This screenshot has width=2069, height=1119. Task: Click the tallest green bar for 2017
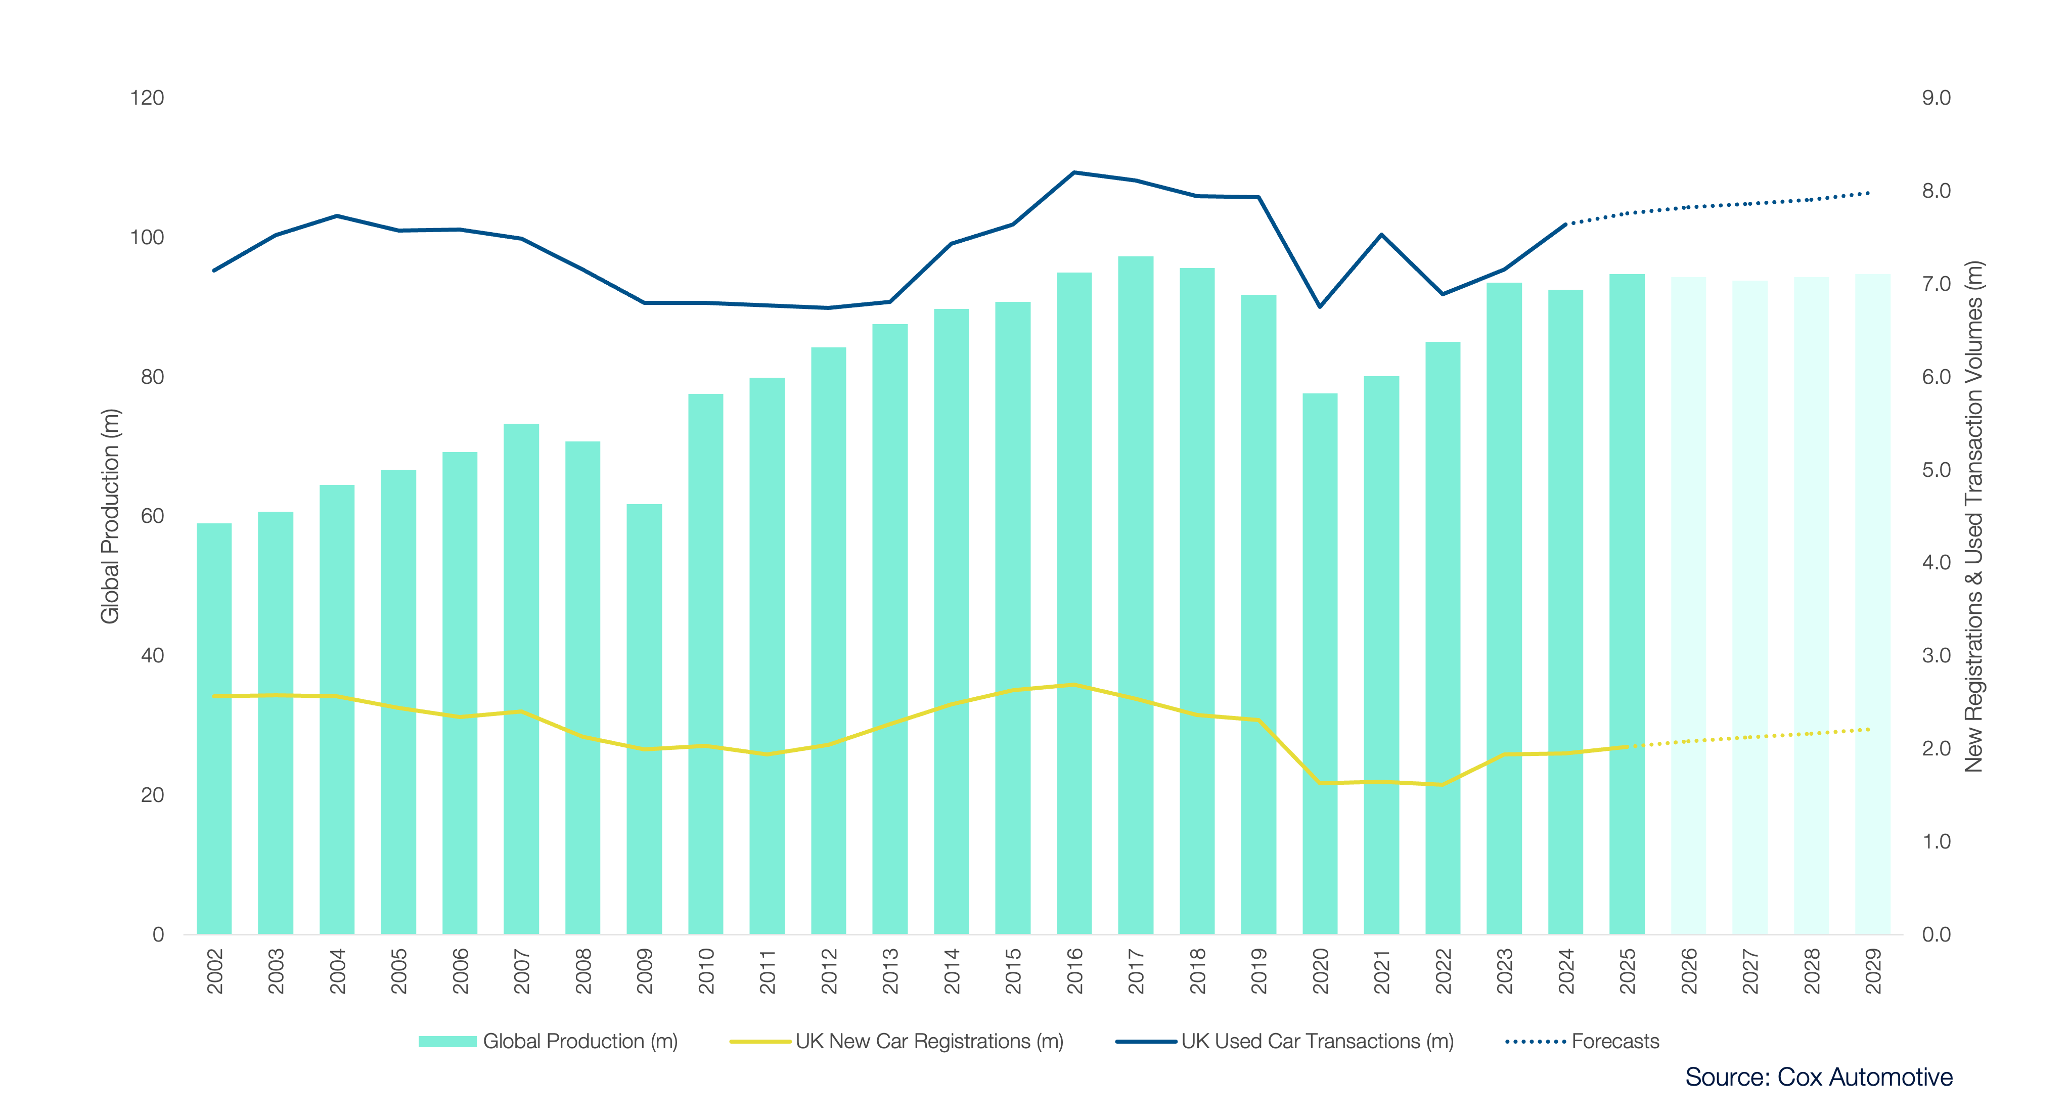[x=1136, y=595]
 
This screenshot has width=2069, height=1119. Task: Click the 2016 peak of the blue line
[x=1074, y=172]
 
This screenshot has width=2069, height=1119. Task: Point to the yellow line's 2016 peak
[x=1074, y=685]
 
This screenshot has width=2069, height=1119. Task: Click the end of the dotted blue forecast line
[x=1869, y=194]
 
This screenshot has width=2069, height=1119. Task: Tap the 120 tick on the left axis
[x=147, y=98]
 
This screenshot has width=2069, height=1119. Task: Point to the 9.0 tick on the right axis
[x=1936, y=98]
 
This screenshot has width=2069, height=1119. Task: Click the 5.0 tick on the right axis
[x=1936, y=470]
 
